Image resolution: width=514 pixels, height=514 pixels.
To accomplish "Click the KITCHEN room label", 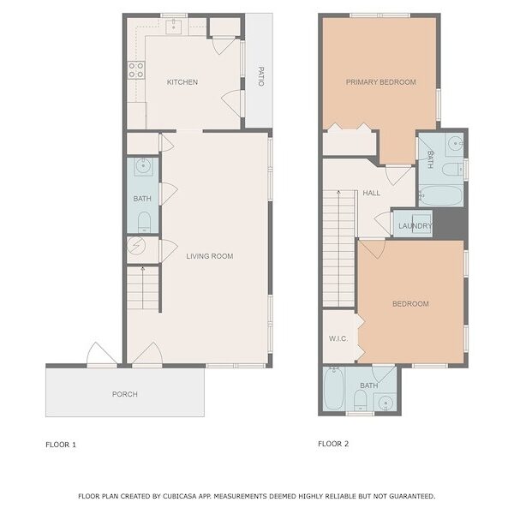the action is [x=182, y=82].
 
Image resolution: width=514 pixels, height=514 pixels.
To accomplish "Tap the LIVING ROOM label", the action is [x=210, y=256].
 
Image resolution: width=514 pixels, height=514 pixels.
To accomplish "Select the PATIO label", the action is [x=261, y=76].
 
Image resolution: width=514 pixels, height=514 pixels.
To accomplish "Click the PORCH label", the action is [x=125, y=394].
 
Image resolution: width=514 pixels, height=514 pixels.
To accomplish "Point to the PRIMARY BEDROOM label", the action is [x=381, y=82].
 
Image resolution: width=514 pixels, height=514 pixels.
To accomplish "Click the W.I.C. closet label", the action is [x=338, y=338].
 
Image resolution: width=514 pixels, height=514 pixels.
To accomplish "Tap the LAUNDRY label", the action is [x=415, y=226].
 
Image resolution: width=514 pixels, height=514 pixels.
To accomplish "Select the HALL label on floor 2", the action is [x=372, y=193].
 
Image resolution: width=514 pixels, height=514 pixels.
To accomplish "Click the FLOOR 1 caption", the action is [x=61, y=445].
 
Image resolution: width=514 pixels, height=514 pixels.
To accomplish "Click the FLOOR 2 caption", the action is [x=333, y=444].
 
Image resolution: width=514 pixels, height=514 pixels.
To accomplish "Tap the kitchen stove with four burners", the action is [x=136, y=70].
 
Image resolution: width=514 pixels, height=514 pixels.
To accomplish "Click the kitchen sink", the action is [x=173, y=27].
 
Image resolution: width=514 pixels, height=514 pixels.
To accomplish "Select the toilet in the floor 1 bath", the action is [x=144, y=222].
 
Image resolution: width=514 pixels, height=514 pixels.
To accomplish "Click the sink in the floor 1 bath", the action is [x=144, y=167].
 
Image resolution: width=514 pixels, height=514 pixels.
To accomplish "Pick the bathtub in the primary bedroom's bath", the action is [x=441, y=196].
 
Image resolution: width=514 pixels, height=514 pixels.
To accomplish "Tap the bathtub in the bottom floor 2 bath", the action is [x=333, y=389].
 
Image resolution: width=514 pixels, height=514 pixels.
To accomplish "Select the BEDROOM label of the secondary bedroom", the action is [x=410, y=304].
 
